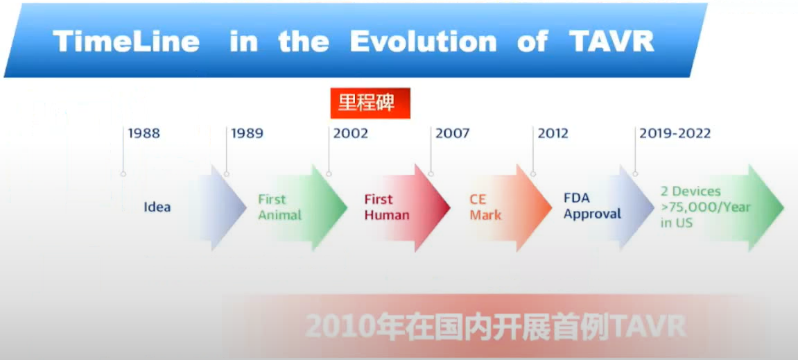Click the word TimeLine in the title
126,42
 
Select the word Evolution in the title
423,42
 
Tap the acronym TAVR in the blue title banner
611,42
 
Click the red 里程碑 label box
370,103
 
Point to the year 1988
144,133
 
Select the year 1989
248,133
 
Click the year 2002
350,133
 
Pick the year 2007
452,133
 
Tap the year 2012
553,133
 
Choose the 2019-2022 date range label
675,133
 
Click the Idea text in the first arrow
157,207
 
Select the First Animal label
279,207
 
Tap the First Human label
386,207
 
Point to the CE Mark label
485,207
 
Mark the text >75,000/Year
705,207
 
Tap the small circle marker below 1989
227,174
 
